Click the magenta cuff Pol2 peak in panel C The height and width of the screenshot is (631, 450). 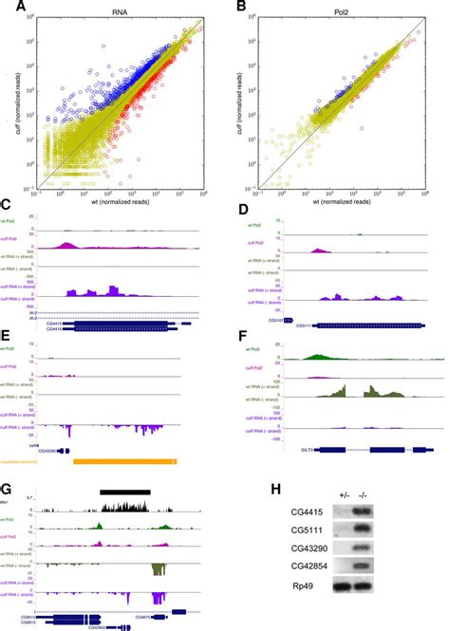[x=68, y=246]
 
